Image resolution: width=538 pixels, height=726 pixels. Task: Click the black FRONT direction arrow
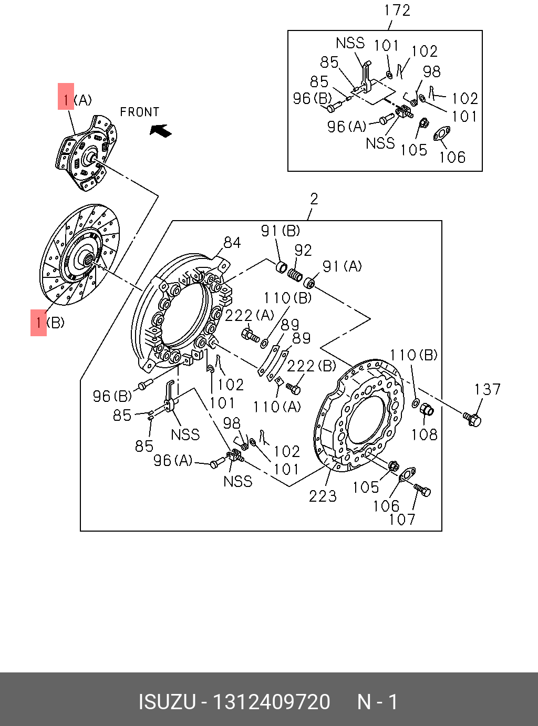pos(160,130)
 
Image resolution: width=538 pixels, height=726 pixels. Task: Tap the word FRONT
pos(140,112)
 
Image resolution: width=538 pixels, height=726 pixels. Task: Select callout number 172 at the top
pos(397,11)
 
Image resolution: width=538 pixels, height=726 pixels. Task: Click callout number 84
pos(232,243)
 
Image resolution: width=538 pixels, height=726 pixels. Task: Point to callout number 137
pos(487,389)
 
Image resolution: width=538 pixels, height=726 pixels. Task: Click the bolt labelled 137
pos(472,419)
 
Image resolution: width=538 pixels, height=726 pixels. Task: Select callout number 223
pos(323,496)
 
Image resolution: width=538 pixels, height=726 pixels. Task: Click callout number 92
pos(303,251)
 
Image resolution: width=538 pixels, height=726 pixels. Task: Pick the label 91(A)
pos(342,266)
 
